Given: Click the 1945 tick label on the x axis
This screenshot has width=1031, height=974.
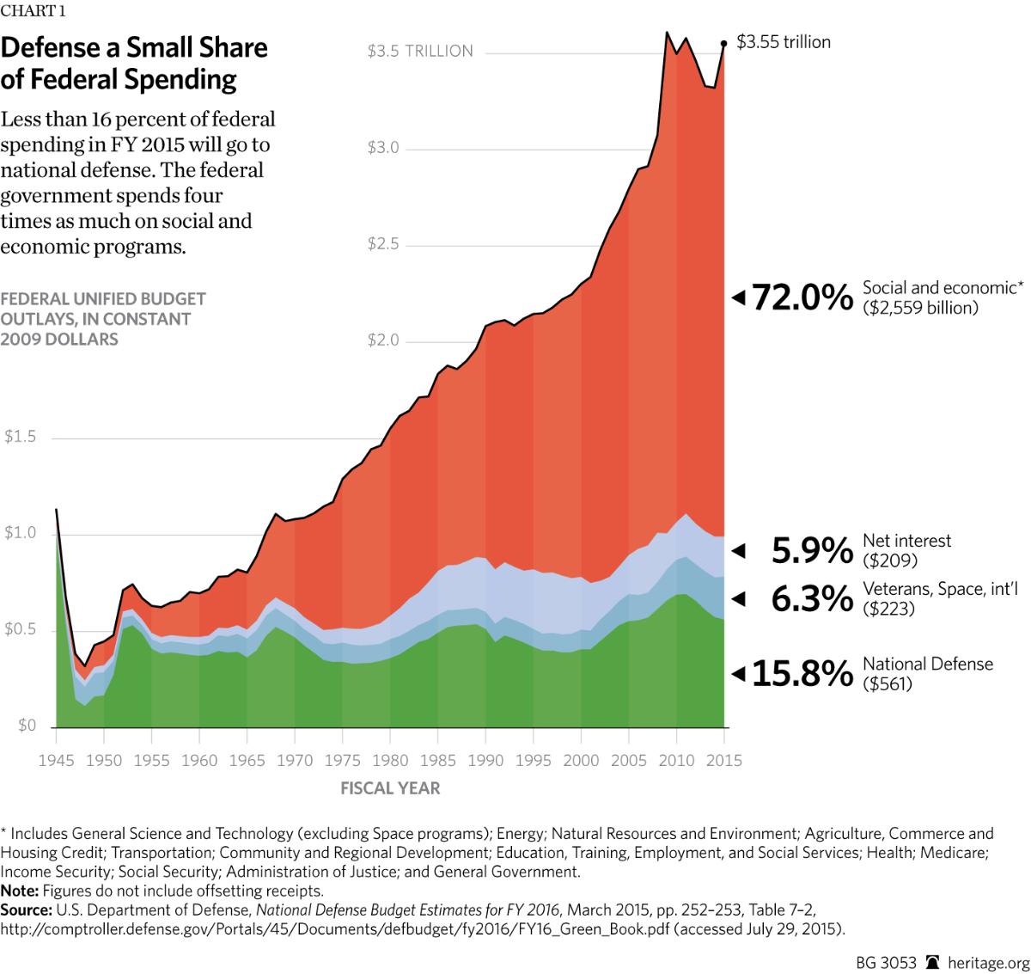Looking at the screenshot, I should tap(56, 760).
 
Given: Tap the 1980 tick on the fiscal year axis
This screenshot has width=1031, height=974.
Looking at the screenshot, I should tap(390, 760).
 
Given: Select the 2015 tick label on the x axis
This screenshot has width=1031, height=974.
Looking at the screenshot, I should tap(723, 760).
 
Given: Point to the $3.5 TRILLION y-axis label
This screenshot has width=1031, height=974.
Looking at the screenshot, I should tap(420, 52).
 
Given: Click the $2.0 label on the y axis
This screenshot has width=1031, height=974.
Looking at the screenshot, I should tap(383, 341).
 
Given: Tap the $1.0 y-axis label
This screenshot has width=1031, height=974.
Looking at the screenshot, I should tap(21, 533).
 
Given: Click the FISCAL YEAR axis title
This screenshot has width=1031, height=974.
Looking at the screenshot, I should tap(390, 787).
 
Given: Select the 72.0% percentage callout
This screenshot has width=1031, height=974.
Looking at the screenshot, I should tap(802, 298).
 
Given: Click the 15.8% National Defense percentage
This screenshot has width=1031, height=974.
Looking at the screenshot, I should tap(802, 674).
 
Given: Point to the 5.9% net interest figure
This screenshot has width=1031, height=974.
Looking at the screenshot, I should tap(812, 550).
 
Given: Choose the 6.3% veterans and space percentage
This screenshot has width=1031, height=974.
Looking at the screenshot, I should tap(812, 598).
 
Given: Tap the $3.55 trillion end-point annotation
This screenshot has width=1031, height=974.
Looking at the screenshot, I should tap(784, 42).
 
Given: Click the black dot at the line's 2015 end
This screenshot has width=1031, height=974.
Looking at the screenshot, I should tap(723, 42).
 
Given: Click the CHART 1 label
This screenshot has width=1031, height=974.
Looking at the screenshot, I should tap(33, 11).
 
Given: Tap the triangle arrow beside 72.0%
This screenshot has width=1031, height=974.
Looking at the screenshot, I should tap(737, 298).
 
